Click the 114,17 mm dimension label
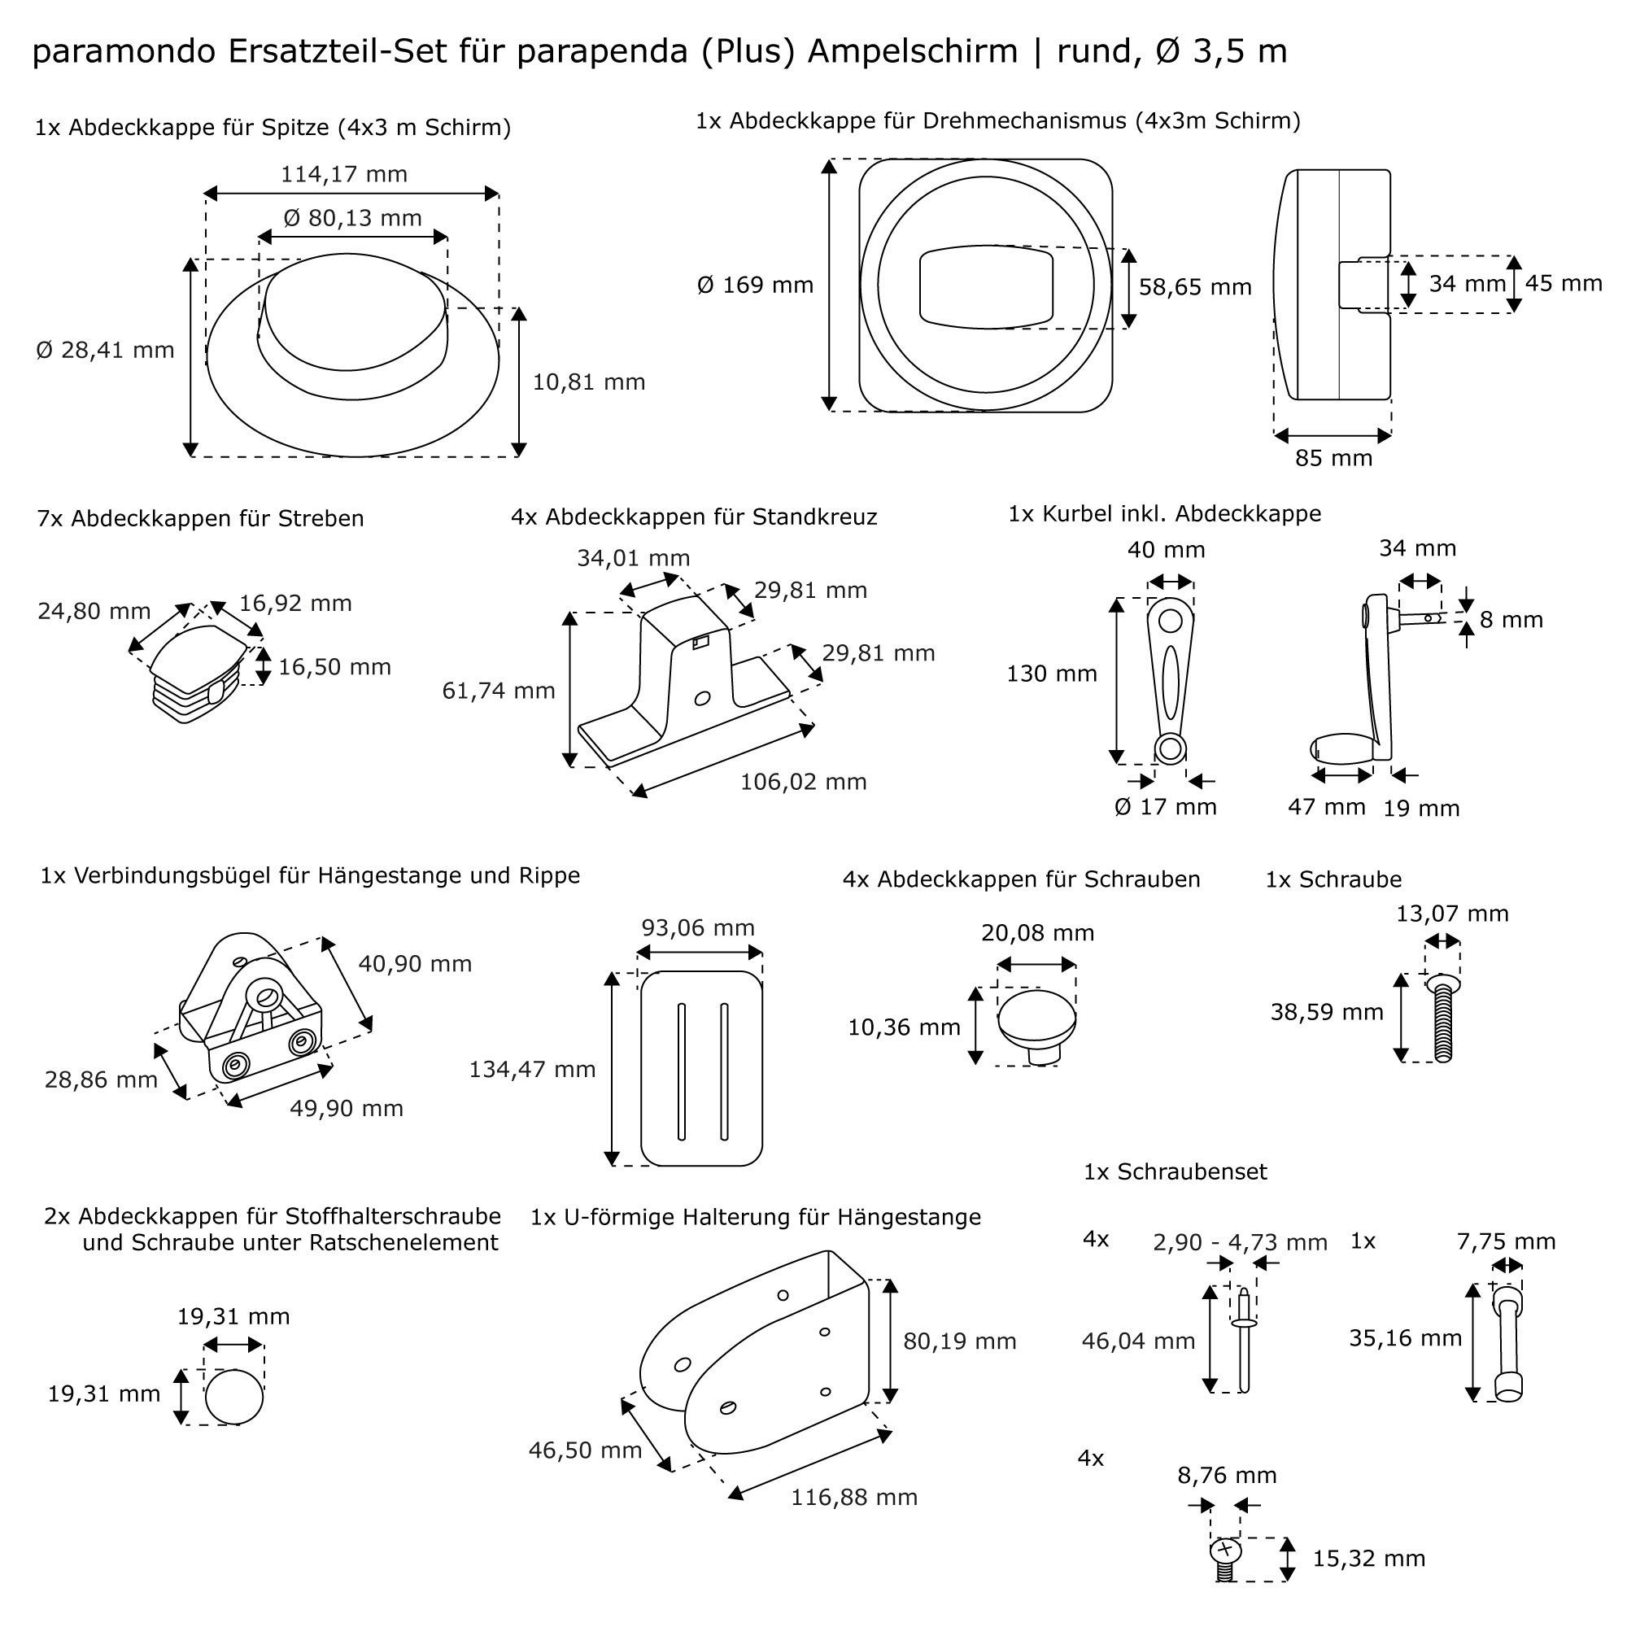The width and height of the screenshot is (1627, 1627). point(343,174)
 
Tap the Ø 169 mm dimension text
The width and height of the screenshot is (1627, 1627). point(756,286)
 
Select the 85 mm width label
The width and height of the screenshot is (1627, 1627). point(1333,458)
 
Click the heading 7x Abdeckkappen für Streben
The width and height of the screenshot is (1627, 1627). point(200,519)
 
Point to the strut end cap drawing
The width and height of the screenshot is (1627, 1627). point(198,673)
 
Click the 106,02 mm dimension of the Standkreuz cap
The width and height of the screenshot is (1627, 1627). point(803,783)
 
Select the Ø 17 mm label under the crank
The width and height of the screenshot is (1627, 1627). point(1165,807)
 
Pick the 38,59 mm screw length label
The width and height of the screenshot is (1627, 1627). point(1326,1012)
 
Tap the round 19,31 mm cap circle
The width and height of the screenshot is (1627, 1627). point(234,1397)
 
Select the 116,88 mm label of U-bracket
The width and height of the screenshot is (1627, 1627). point(853,1498)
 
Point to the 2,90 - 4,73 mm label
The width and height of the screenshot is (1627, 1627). point(1240,1242)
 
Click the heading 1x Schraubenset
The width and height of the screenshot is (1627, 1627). point(1175,1171)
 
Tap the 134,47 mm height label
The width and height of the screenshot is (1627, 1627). point(531,1070)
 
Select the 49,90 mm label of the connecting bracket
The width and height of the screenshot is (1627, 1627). point(346,1108)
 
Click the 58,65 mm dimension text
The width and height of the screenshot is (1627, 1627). point(1194,287)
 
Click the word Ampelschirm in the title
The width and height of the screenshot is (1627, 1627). point(912,51)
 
